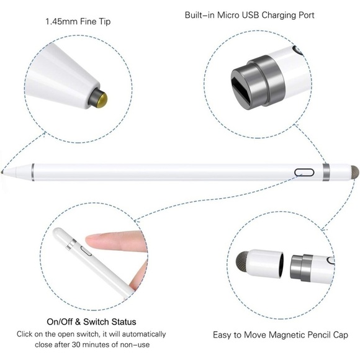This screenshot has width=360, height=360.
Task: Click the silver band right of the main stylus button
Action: [326, 172]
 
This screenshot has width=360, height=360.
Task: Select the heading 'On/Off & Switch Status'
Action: [92, 322]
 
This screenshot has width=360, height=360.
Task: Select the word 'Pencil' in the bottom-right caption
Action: [316, 335]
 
